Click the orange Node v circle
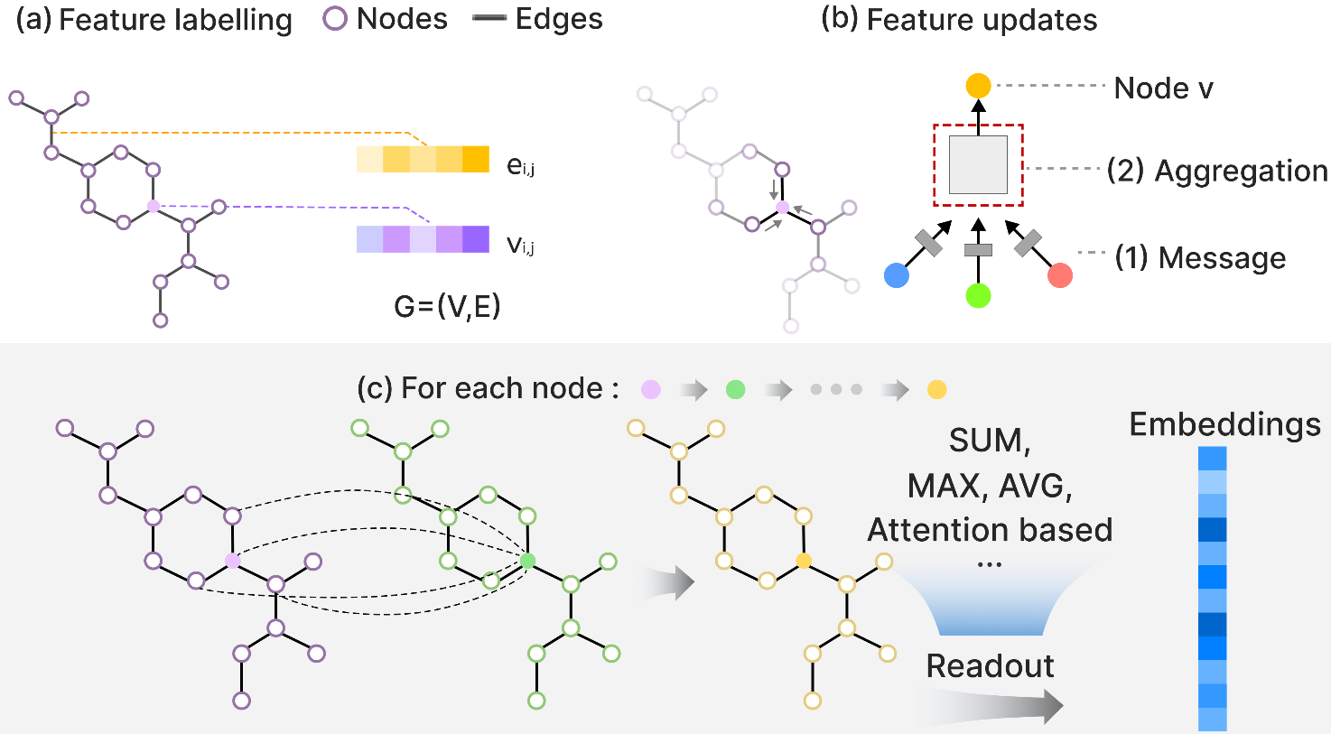click(978, 86)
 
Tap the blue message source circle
click(897, 275)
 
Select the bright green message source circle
click(978, 295)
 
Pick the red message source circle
click(1060, 275)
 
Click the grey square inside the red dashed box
click(978, 164)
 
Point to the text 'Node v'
click(1163, 88)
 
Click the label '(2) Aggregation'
click(1217, 171)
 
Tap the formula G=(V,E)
click(447, 306)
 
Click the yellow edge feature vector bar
click(423, 159)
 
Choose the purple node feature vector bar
click(423, 239)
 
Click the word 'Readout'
click(990, 665)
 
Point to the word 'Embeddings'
click(1224, 424)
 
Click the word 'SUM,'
click(990, 441)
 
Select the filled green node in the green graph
click(528, 561)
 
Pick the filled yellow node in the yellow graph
click(804, 561)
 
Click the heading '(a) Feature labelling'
click(154, 20)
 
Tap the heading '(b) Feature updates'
click(959, 20)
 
